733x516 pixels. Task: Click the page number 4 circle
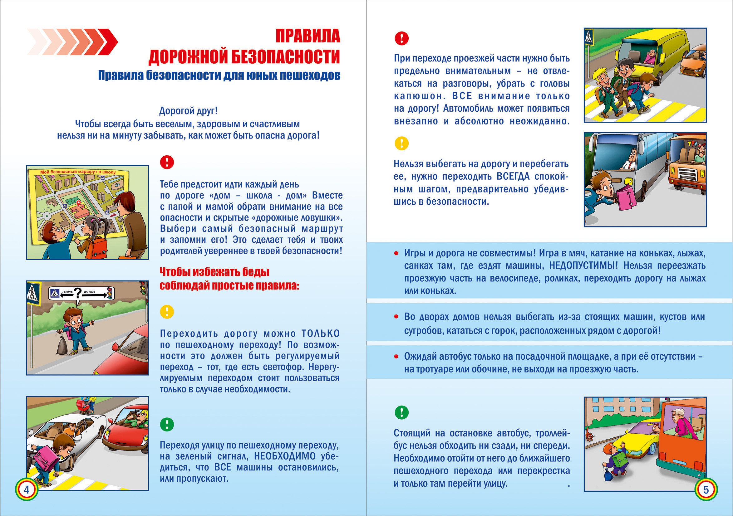(27, 489)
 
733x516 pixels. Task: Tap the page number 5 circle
(706, 489)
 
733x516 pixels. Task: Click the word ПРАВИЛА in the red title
(308, 36)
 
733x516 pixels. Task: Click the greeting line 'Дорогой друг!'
(188, 111)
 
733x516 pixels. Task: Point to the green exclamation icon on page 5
(401, 412)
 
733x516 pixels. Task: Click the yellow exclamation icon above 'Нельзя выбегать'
(401, 143)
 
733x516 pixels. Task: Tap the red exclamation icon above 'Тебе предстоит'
(167, 162)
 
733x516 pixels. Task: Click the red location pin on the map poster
(79, 203)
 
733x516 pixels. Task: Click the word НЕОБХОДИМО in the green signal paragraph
(285, 456)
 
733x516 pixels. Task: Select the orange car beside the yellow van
(693, 64)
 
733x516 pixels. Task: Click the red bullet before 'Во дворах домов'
(396, 317)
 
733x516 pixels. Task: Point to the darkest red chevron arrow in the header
(107, 41)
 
